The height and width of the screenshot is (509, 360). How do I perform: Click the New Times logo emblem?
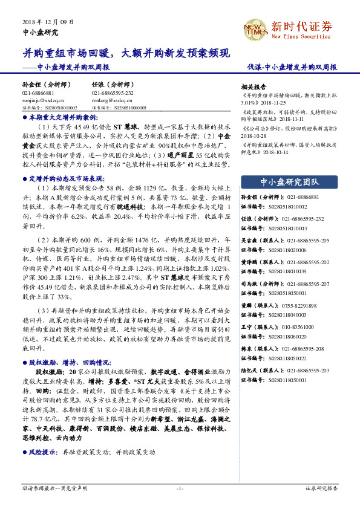254,28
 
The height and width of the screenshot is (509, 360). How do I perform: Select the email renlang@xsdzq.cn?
110,101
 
